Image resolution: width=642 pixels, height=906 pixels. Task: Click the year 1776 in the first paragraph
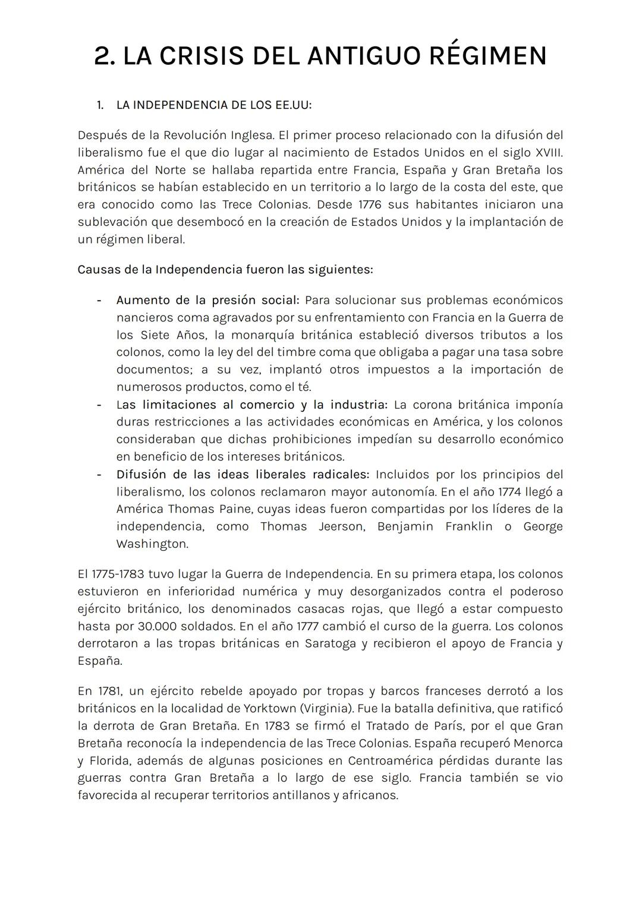tap(372, 204)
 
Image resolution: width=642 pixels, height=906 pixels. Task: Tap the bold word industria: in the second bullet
tap(358, 405)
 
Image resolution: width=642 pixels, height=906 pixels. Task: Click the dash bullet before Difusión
tap(99, 475)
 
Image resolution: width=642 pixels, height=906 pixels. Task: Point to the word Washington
tap(152, 544)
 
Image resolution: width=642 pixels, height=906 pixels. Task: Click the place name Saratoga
tap(330, 643)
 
